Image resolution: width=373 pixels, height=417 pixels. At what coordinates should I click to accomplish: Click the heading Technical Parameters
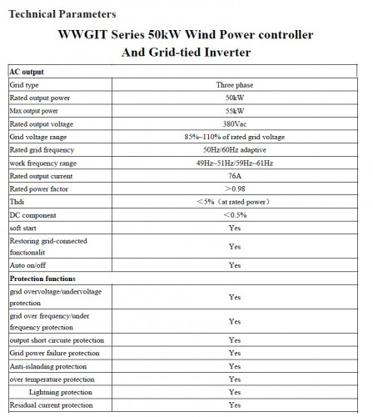point(62,14)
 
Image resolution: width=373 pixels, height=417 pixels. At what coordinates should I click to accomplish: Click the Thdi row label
point(17,202)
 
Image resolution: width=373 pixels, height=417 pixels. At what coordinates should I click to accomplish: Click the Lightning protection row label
point(60,392)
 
